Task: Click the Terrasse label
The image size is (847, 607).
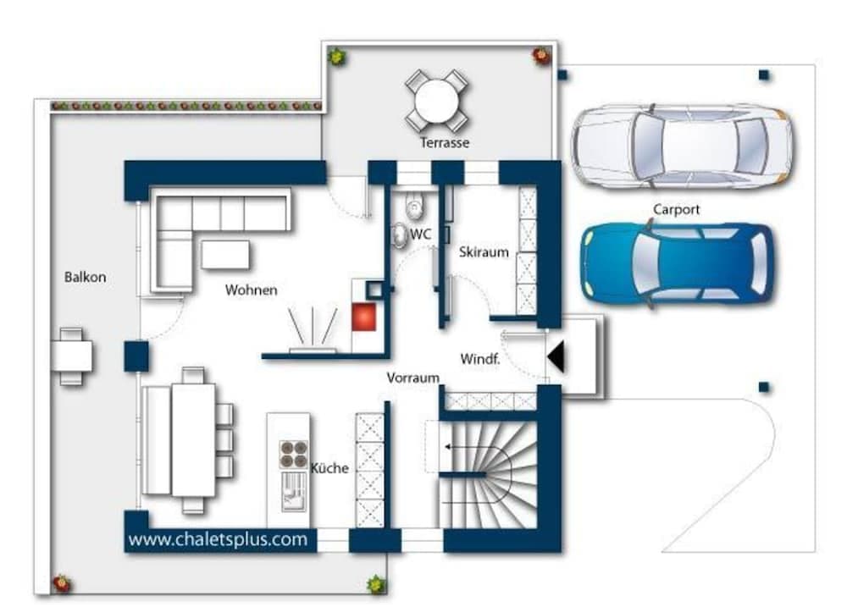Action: point(444,143)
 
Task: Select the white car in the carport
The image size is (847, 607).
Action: point(682,145)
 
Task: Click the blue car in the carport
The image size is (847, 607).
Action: point(677,263)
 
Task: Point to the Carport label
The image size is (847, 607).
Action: point(676,209)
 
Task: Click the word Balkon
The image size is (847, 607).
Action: point(86,277)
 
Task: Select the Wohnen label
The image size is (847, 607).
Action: point(251,290)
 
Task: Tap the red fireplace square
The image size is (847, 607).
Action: point(366,318)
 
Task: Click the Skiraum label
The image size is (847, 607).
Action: point(484,252)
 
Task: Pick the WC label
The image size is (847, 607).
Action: point(421,234)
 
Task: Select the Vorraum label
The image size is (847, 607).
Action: point(412,378)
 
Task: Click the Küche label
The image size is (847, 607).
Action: point(329,468)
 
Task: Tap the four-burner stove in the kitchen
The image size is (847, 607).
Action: point(292,455)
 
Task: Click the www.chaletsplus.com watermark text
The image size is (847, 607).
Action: point(218,539)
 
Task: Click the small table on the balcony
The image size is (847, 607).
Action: point(71,356)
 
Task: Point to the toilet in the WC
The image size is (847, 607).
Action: point(414,203)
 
